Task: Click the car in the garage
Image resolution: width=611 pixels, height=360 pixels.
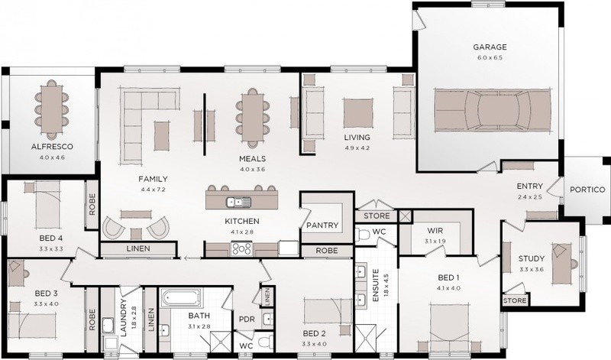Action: pyautogui.click(x=493, y=110)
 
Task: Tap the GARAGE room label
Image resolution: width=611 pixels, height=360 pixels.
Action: pyautogui.click(x=490, y=47)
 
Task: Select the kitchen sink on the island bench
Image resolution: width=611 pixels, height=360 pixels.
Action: pyautogui.click(x=239, y=202)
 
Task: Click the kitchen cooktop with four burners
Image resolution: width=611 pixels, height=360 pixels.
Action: pyautogui.click(x=241, y=249)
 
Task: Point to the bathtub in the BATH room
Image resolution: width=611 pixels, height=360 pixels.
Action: pyautogui.click(x=181, y=298)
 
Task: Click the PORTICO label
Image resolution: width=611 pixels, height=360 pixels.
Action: pyautogui.click(x=587, y=190)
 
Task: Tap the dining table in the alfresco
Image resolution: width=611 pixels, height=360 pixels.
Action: pyautogui.click(x=52, y=109)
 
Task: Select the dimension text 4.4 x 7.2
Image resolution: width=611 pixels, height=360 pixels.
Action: pyautogui.click(x=154, y=190)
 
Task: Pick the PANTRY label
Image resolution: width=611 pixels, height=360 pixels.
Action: pyautogui.click(x=322, y=225)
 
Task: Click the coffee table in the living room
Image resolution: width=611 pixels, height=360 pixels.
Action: pyautogui.click(x=358, y=112)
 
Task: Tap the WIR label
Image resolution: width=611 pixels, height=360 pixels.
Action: pyautogui.click(x=435, y=231)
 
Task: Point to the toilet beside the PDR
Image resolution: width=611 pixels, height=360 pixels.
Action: pyautogui.click(x=267, y=342)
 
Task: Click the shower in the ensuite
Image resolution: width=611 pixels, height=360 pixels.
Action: pyautogui.click(x=366, y=339)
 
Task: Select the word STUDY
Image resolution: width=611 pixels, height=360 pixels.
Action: pyautogui.click(x=532, y=258)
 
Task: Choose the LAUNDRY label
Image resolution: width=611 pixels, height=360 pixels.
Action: pyautogui.click(x=124, y=317)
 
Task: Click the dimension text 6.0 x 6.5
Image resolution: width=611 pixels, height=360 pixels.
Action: pyautogui.click(x=490, y=58)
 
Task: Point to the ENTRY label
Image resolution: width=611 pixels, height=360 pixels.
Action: pyautogui.click(x=529, y=186)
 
